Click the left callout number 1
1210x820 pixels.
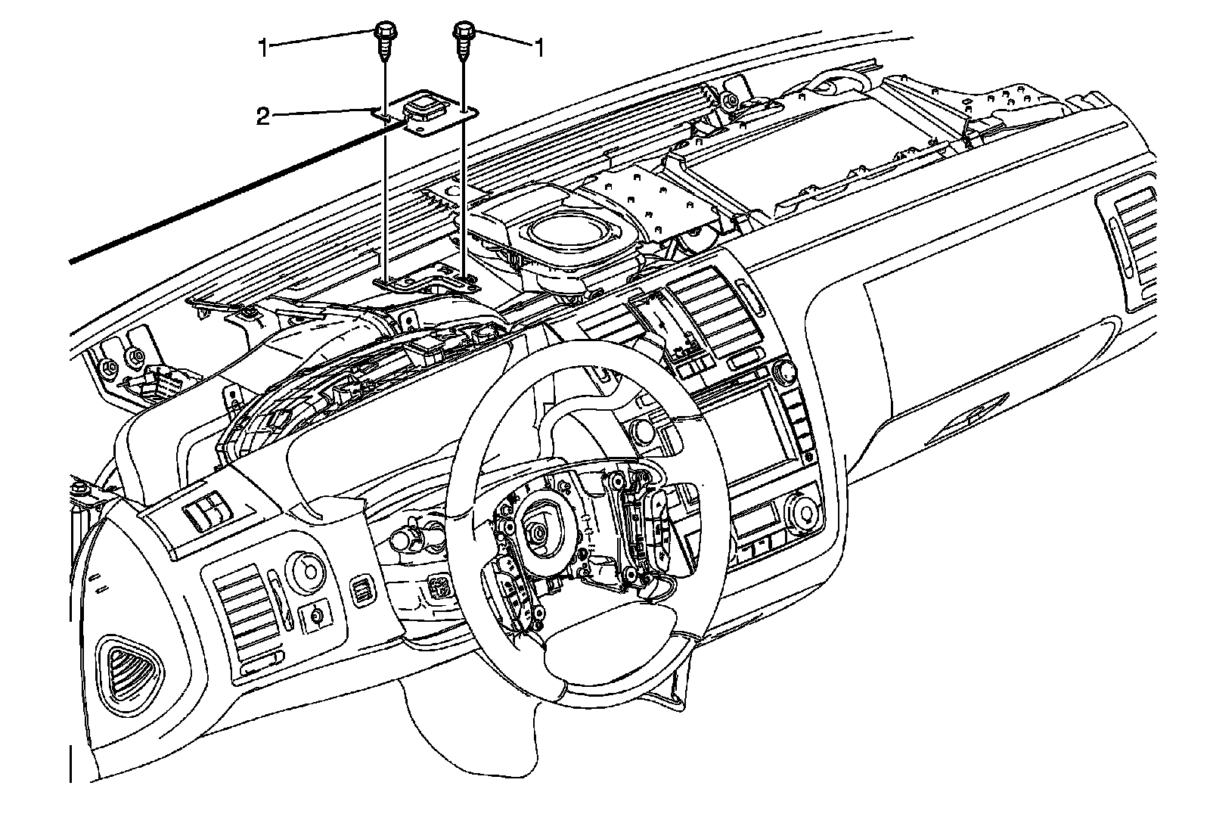tap(262, 48)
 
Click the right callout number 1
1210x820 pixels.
tap(539, 48)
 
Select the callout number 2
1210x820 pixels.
tap(262, 117)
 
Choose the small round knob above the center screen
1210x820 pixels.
tap(783, 372)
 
